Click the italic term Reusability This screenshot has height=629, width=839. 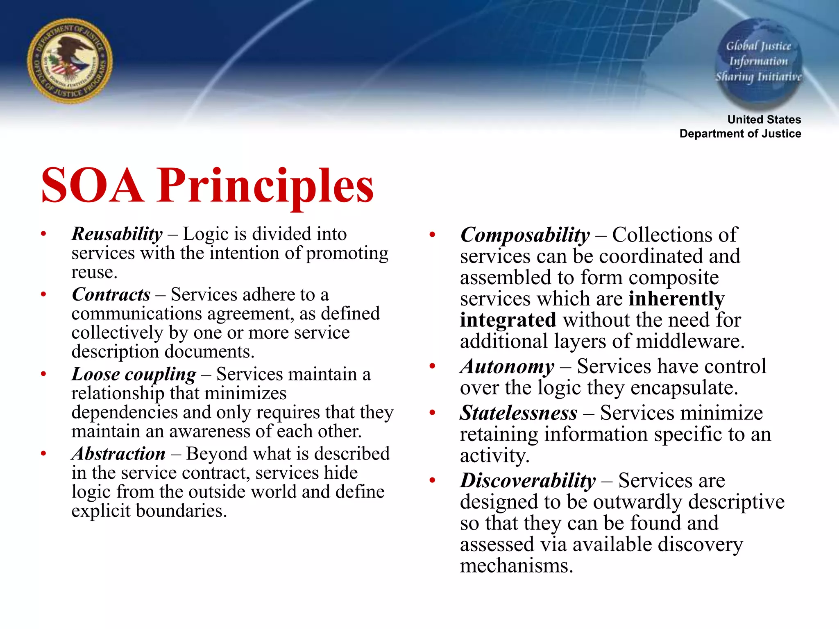pyautogui.click(x=117, y=234)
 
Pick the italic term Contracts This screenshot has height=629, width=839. pyautogui.click(x=111, y=294)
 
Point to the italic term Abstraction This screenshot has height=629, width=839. pyautogui.click(x=119, y=454)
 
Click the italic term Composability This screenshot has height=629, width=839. pyautogui.click(x=525, y=235)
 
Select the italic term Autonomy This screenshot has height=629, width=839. pyautogui.click(x=507, y=367)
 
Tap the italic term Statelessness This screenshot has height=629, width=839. pyautogui.click(x=519, y=413)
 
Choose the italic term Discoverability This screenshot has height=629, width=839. pyautogui.click(x=528, y=481)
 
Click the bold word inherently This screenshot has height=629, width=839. pyautogui.click(x=676, y=299)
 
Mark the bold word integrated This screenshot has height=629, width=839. pyautogui.click(x=508, y=320)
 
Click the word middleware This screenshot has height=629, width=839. pyautogui.click(x=689, y=342)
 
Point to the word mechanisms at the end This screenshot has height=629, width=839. pyautogui.click(x=516, y=566)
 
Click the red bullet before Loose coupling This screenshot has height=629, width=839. pyautogui.click(x=43, y=374)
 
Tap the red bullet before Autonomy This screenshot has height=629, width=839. pyautogui.click(x=432, y=366)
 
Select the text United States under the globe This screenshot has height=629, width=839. pyautogui.click(x=764, y=120)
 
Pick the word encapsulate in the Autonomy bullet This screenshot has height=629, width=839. pyautogui.click(x=684, y=388)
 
